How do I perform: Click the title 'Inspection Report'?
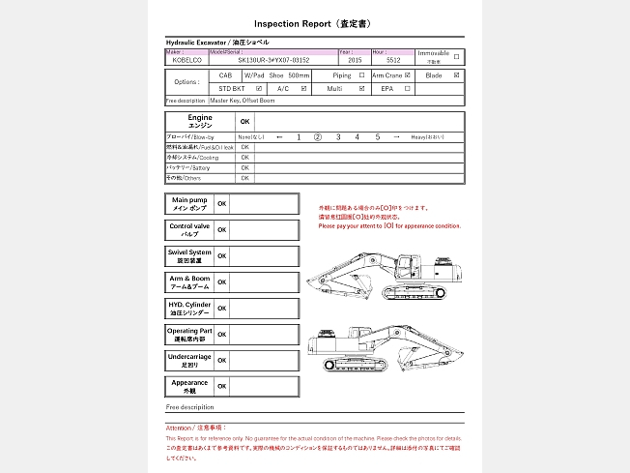click(292, 22)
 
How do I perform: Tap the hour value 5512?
click(393, 60)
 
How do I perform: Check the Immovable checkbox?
click(456, 56)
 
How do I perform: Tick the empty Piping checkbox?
click(361, 74)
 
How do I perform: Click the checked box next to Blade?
click(456, 74)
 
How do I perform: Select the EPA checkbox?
click(408, 88)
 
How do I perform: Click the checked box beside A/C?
click(304, 88)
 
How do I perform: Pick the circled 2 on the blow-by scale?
click(317, 137)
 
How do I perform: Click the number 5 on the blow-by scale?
click(378, 137)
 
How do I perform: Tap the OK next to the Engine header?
click(244, 122)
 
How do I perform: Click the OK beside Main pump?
click(221, 204)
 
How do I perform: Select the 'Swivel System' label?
click(189, 255)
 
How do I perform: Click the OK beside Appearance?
click(221, 386)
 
